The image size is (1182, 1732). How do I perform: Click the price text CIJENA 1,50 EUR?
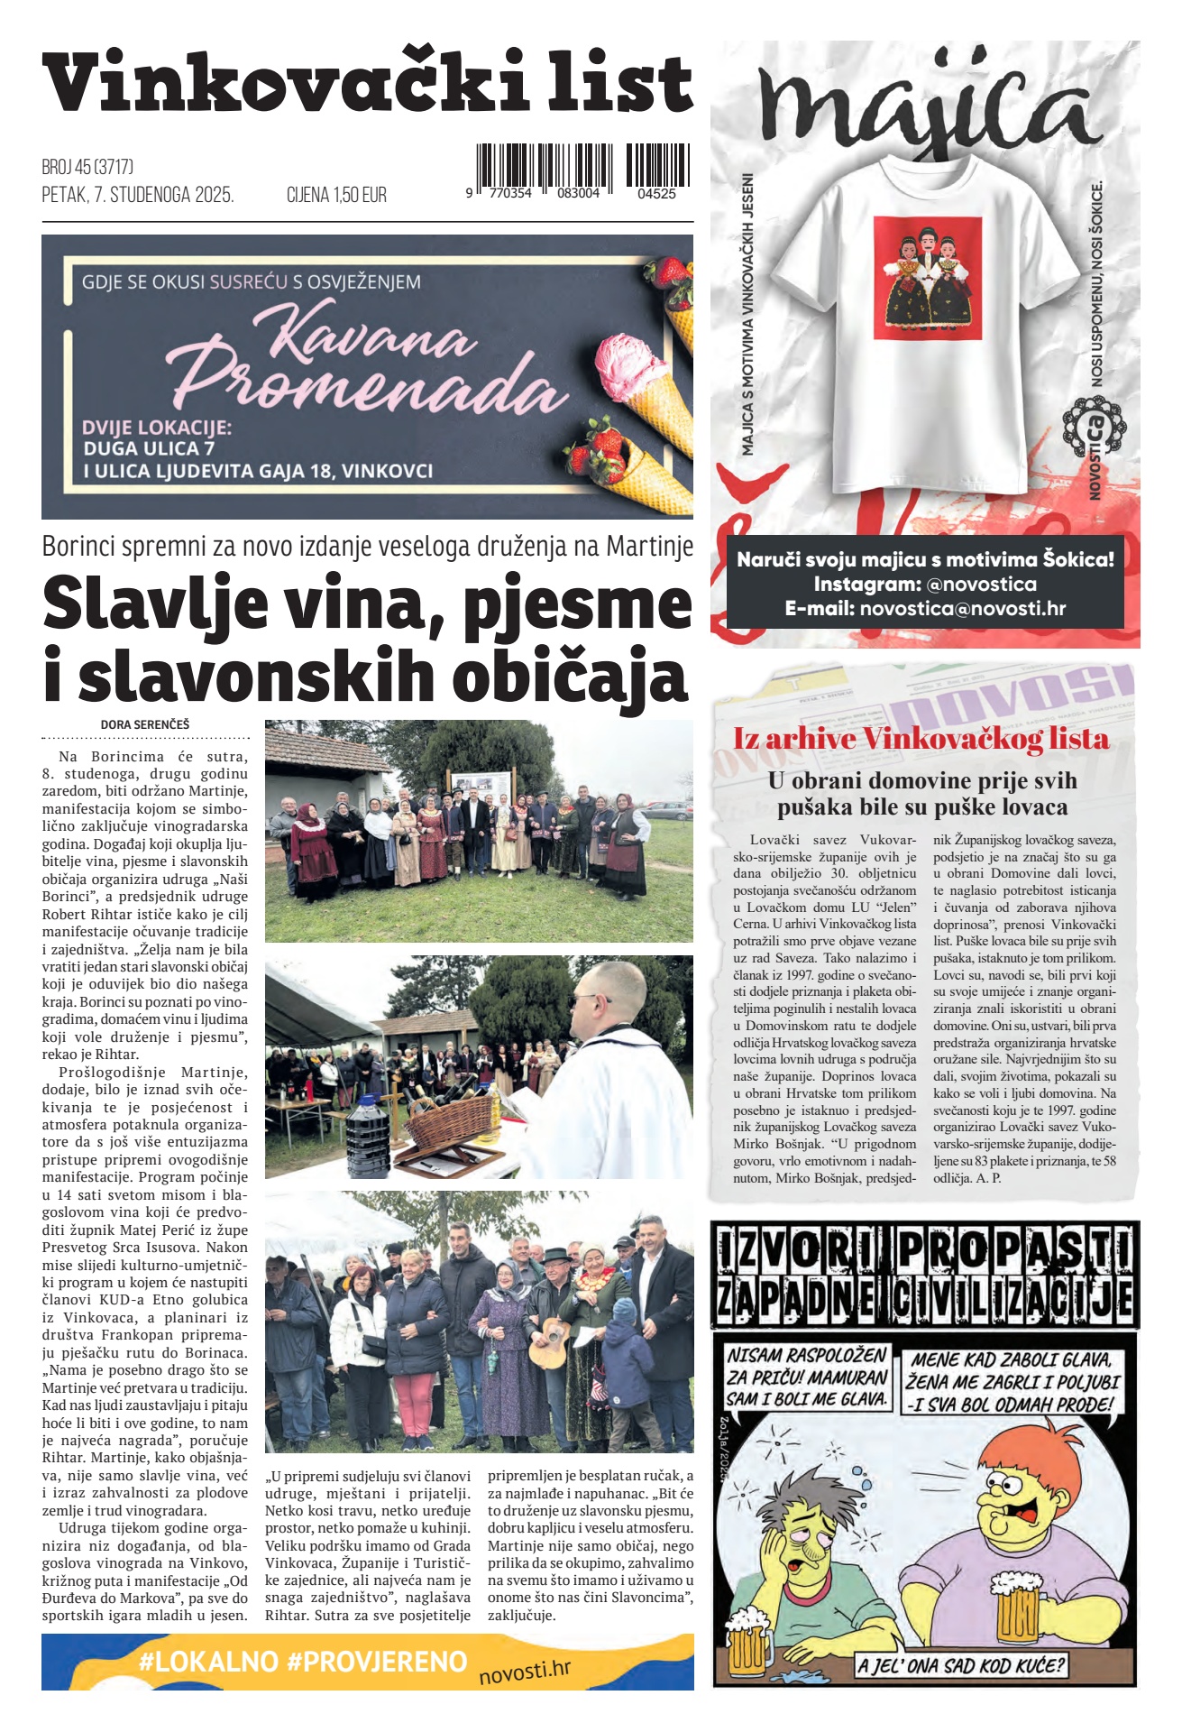click(x=336, y=195)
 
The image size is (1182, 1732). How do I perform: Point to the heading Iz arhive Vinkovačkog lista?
click(x=921, y=739)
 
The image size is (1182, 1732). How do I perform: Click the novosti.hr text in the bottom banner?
click(x=525, y=1671)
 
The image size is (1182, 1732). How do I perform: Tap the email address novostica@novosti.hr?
click(x=963, y=609)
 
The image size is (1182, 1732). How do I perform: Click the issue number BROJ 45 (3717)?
click(x=87, y=167)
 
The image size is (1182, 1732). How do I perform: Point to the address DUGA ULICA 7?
click(x=149, y=448)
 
